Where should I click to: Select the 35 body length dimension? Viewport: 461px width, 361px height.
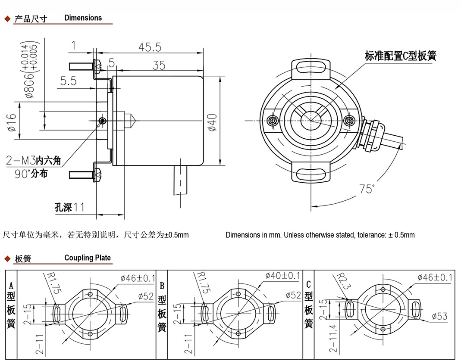coord(159,65)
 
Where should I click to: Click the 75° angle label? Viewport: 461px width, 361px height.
coord(367,189)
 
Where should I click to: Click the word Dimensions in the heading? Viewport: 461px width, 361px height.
coord(83,18)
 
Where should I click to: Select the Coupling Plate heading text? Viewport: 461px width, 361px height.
coord(88,258)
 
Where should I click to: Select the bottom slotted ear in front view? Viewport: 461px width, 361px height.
coord(310,174)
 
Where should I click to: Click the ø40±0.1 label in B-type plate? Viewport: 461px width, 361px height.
coord(282,275)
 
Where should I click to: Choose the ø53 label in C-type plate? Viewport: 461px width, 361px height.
coord(439,316)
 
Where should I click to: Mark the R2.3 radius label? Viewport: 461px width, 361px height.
coord(340,283)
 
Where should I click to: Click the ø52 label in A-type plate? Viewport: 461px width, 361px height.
coord(147,296)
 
